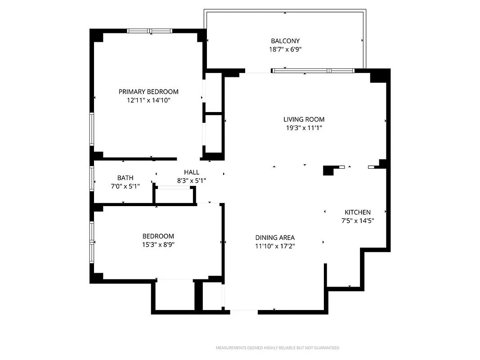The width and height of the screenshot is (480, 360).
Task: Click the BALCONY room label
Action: [285, 41]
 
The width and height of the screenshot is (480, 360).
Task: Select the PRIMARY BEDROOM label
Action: [148, 92]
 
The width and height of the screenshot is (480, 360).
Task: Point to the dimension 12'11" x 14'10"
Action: [148, 100]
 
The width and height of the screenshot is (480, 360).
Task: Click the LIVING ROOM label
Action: [304, 120]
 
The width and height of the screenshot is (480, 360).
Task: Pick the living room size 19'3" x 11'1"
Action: [304, 128]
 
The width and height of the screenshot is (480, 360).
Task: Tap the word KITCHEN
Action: [358, 212]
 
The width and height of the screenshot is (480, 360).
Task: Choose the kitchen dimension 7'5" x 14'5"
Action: [358, 220]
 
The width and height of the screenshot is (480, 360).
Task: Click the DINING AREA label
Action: [275, 238]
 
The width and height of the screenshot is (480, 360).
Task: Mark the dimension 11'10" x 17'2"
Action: [275, 246]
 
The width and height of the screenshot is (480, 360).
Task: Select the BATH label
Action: [125, 178]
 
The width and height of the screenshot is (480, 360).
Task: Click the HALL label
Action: [192, 172]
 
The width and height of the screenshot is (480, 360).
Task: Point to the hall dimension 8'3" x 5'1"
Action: [192, 180]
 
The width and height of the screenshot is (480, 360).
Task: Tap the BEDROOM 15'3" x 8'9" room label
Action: [158, 236]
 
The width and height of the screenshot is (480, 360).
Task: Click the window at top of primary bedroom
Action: [149, 31]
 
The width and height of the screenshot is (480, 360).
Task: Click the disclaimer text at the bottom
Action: [278, 348]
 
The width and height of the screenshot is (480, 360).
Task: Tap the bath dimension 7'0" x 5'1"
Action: [125, 186]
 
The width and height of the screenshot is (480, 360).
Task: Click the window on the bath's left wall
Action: [92, 179]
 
